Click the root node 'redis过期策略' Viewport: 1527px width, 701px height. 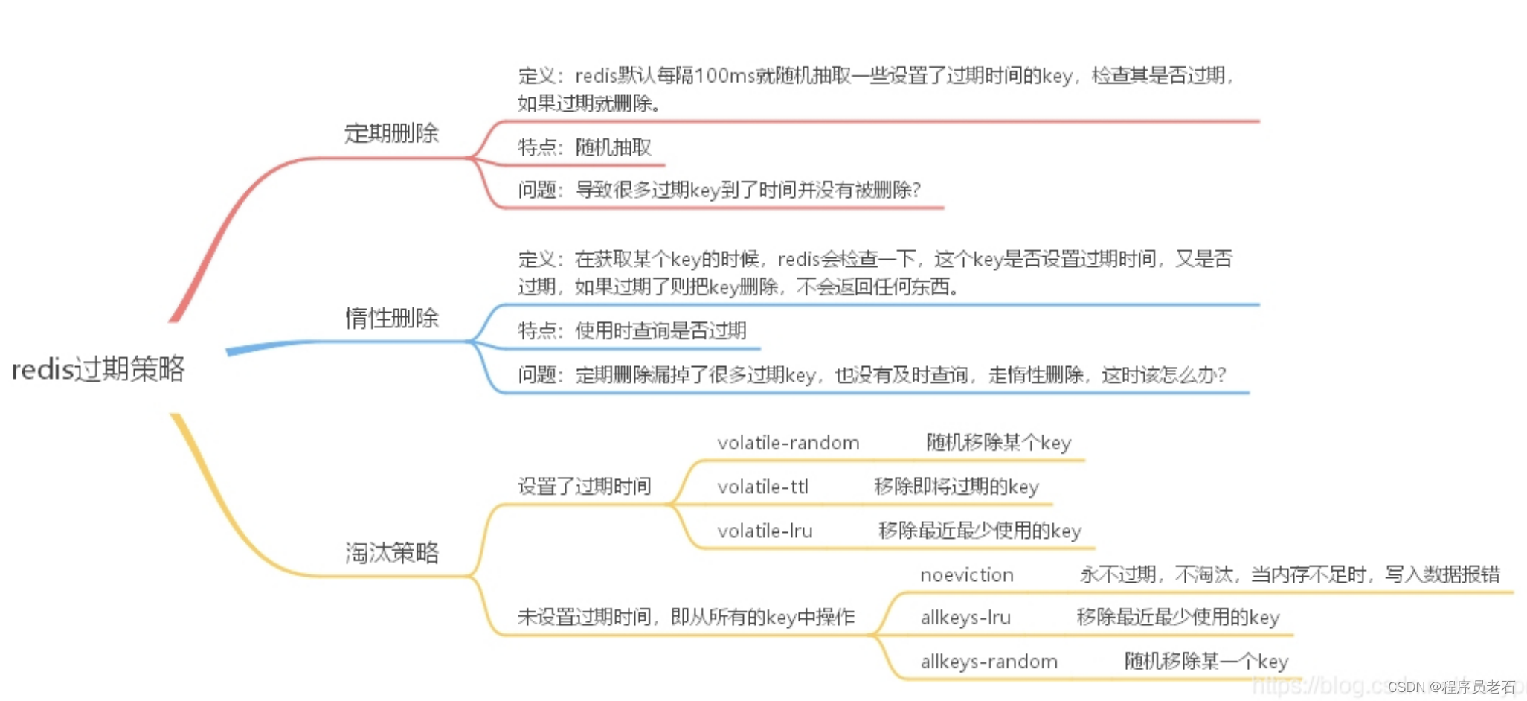[98, 369]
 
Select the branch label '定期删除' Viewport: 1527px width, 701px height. [391, 133]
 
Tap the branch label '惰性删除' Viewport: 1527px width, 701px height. [391, 318]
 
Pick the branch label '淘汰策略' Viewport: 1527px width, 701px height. [391, 552]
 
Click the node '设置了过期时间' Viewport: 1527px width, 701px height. [584, 486]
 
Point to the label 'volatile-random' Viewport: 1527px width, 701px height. [788, 443]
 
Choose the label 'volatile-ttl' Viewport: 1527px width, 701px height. [762, 487]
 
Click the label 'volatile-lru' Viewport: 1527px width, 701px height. [765, 531]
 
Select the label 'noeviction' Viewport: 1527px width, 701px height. [966, 574]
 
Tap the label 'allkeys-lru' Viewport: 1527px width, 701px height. [965, 618]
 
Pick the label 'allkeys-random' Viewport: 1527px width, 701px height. [988, 662]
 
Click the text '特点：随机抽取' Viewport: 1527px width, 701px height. [584, 147]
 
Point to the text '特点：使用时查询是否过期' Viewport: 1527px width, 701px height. [631, 330]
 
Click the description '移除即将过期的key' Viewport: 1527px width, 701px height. [956, 487]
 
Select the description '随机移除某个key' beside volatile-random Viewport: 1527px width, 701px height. [998, 443]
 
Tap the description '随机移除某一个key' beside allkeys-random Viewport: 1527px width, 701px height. [1206, 662]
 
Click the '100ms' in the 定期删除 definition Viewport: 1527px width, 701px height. [726, 76]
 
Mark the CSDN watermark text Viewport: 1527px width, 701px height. [1450, 687]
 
